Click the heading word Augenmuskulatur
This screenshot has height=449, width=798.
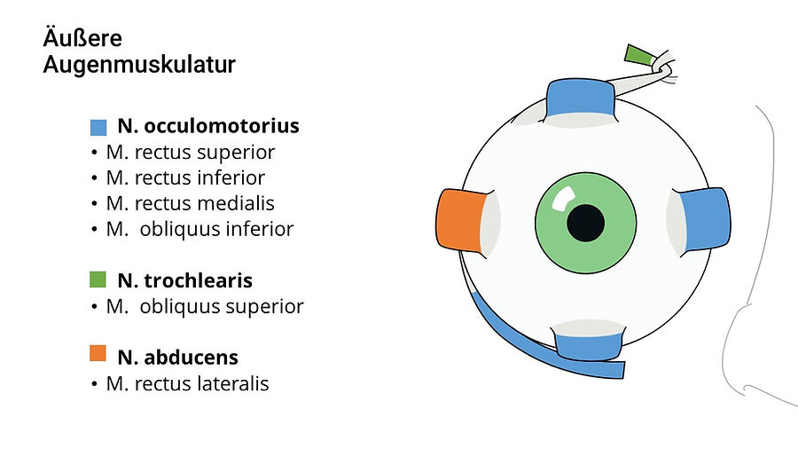[x=139, y=66]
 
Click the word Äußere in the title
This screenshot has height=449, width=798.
[x=82, y=39]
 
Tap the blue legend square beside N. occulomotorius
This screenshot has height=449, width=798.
[x=98, y=126]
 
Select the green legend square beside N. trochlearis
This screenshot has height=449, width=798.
[x=98, y=280]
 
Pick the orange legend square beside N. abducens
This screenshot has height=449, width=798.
[x=98, y=354]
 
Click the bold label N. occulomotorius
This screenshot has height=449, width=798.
[x=207, y=126]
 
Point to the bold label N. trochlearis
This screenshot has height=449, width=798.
[x=184, y=281]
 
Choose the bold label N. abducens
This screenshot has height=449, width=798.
[x=177, y=358]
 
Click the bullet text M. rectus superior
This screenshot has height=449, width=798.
[x=190, y=153]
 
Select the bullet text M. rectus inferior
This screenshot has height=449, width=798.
[x=185, y=178]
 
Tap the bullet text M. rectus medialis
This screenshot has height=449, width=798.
[x=190, y=204]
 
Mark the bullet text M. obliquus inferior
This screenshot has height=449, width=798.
[x=199, y=230]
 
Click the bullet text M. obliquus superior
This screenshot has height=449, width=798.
[x=205, y=307]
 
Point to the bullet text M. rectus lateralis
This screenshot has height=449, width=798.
[x=187, y=384]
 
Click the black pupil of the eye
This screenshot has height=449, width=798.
[x=585, y=222]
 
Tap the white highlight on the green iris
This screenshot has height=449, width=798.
[x=561, y=200]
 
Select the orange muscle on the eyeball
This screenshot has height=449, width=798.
[x=459, y=221]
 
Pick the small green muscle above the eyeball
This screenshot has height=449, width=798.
[x=638, y=55]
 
